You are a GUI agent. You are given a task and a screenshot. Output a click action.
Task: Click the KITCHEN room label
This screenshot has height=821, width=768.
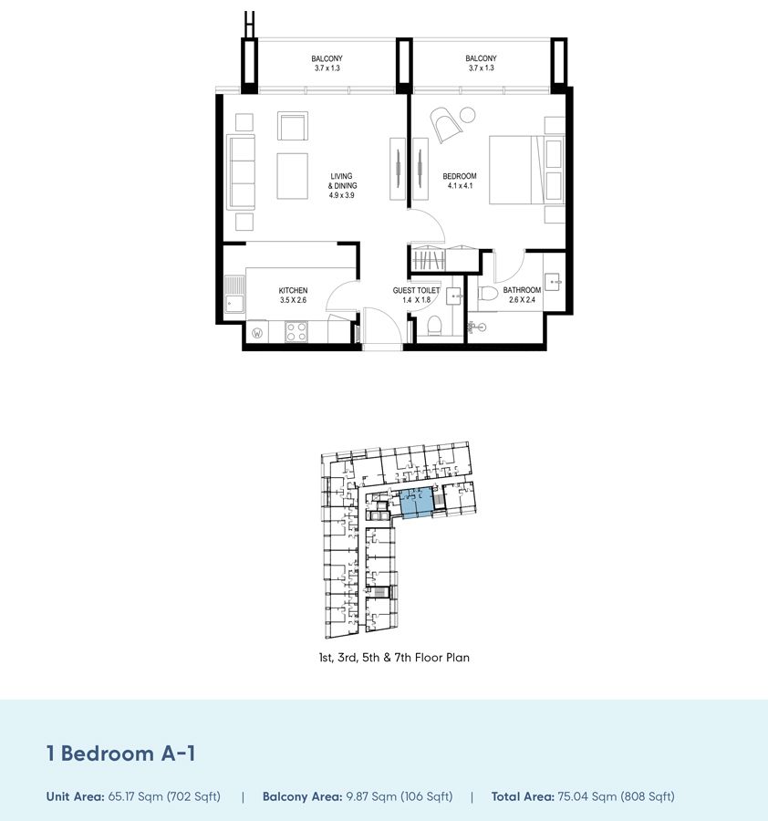point(293,291)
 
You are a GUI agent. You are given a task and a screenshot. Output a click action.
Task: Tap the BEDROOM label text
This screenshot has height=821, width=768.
point(460,176)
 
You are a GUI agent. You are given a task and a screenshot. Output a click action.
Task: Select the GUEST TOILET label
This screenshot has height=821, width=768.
point(416,290)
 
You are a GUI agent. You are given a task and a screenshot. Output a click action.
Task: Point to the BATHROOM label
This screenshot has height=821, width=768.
point(522,290)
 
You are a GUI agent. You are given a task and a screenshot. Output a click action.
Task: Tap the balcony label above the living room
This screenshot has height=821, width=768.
point(327,59)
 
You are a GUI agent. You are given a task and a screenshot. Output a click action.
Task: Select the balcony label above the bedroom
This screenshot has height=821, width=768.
point(480,59)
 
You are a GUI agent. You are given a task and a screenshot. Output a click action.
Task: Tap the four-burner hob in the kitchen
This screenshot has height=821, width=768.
point(296,333)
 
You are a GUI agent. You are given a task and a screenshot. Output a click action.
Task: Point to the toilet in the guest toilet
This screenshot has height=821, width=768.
point(434,326)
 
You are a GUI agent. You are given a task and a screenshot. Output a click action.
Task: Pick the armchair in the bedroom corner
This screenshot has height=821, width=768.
point(448,125)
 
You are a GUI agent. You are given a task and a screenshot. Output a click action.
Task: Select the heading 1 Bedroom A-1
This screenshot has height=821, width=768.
point(121,753)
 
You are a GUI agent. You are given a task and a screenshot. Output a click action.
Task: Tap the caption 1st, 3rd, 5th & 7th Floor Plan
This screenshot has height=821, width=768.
point(389,657)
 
